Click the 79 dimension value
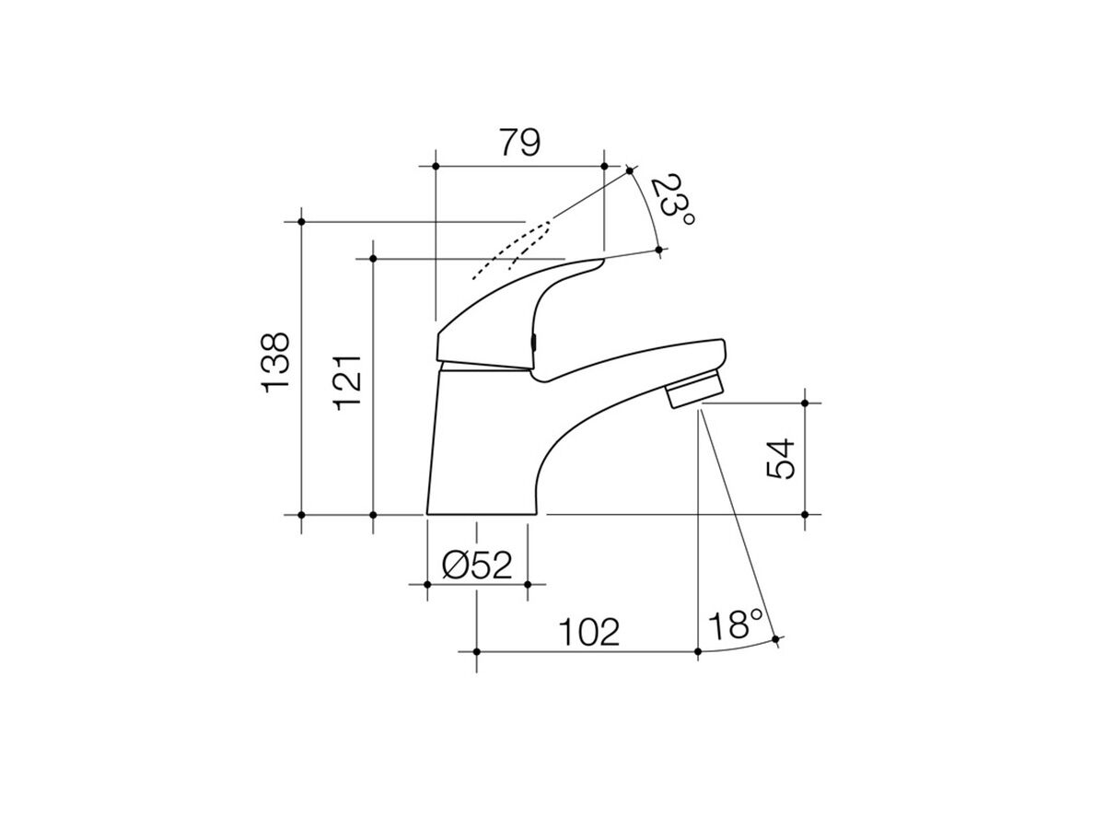coord(518,143)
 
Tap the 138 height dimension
coord(277,363)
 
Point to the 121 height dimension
coord(350,381)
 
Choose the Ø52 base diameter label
coord(476,565)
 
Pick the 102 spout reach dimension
coord(588,631)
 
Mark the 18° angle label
coord(737,626)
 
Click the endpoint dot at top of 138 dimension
coord(301,221)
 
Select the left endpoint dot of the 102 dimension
coord(476,651)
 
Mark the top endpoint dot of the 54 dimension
coord(805,403)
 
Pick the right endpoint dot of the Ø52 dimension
coord(527,584)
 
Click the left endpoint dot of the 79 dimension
coord(434,166)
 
